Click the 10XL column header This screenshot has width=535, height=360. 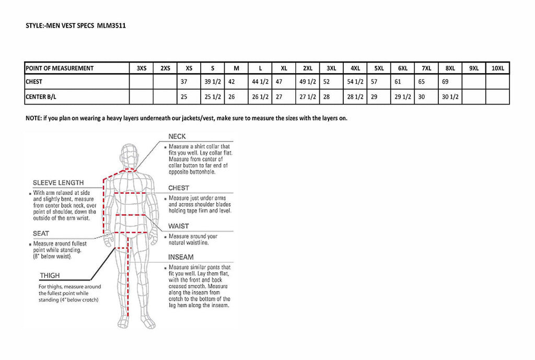pos(497,68)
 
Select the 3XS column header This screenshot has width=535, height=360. pos(142,68)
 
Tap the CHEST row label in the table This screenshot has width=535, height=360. pos(34,82)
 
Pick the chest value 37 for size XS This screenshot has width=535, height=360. pos(183,82)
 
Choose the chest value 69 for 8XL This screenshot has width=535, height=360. pos(445,82)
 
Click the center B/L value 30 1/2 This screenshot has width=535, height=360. pos(450,97)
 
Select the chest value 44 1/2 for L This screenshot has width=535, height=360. pos(260,82)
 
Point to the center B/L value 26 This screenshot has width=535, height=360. pos(231,97)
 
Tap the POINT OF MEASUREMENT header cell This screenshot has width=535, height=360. pos(60,68)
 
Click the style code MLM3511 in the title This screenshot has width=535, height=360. pos(111,25)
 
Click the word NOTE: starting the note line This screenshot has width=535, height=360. pos(34,118)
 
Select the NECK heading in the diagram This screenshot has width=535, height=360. pos(177,137)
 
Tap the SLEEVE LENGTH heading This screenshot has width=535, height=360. pos(58,183)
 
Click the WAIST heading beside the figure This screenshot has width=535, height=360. pos(178,226)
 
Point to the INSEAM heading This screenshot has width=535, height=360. pos(181,257)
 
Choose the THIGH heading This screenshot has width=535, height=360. pos(50,275)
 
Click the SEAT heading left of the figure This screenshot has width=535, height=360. pos(41,234)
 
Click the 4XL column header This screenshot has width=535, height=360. pos(355,68)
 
